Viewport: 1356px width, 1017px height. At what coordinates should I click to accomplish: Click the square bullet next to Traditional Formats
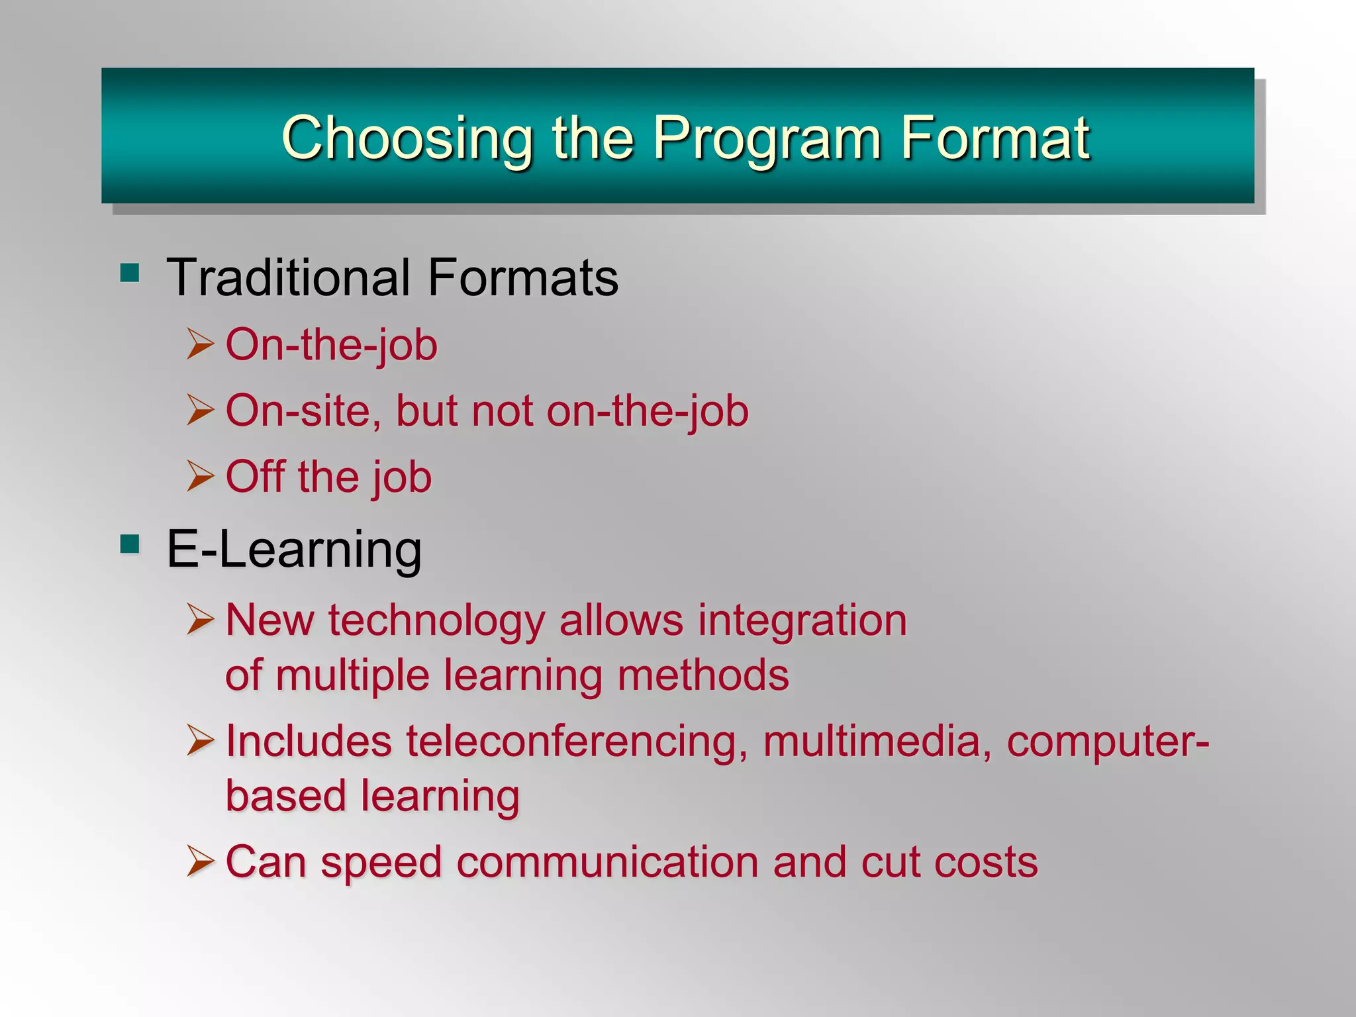point(130,273)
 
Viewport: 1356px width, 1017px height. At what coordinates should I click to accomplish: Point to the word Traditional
point(288,277)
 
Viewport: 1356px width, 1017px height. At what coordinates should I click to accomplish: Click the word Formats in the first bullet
point(522,277)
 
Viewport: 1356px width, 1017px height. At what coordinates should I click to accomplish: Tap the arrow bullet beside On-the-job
point(200,344)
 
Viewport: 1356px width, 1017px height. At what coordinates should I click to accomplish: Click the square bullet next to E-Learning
point(130,544)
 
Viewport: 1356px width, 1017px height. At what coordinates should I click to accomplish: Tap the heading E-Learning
point(294,550)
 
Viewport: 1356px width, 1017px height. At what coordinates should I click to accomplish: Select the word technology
point(436,621)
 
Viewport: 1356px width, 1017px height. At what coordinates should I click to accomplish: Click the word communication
point(607,862)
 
